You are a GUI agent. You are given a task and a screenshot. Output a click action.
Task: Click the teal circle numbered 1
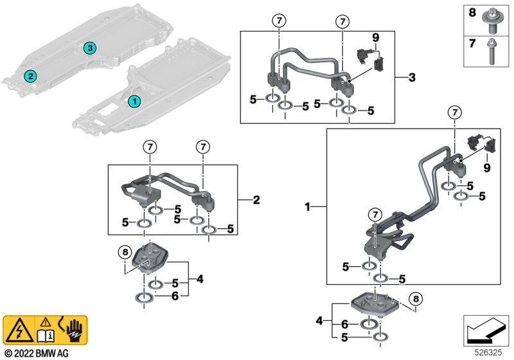(x=134, y=102)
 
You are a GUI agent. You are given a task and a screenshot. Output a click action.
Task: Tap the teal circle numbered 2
(x=30, y=76)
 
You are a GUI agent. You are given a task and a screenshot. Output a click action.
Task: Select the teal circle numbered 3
(x=90, y=48)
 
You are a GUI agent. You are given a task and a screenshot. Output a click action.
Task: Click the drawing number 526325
(x=488, y=353)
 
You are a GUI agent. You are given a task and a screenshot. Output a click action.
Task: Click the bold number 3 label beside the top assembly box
(x=412, y=77)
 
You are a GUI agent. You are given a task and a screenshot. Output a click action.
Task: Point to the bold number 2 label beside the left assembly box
(x=256, y=200)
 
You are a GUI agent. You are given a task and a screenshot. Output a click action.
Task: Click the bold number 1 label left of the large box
(x=307, y=207)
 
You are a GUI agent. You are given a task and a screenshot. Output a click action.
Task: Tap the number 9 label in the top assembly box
(x=376, y=38)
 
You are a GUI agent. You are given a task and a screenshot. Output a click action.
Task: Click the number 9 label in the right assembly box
(x=487, y=168)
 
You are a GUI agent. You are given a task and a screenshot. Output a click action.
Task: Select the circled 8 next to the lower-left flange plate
(x=125, y=252)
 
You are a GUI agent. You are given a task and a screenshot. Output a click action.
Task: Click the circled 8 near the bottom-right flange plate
(x=416, y=299)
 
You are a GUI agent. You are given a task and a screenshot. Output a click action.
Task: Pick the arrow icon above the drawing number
(x=486, y=330)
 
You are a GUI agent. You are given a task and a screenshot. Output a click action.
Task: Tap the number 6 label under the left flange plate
(x=175, y=296)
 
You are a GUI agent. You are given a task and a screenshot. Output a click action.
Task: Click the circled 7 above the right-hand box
(x=455, y=113)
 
